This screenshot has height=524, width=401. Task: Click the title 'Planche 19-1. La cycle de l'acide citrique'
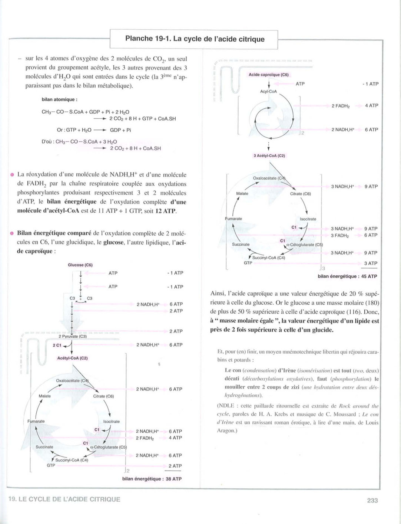point(195,39)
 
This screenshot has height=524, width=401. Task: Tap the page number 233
point(372,500)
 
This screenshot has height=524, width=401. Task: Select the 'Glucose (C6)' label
point(80,265)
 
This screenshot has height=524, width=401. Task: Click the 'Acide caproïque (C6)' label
point(268,75)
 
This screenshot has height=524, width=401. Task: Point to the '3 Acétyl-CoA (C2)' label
point(269,156)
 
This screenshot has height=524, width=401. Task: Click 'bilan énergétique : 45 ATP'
point(347,276)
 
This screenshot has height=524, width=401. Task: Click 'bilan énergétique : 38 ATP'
point(152,479)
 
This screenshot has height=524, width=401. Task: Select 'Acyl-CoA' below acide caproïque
point(268,91)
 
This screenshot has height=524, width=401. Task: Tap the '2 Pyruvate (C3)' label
point(73,336)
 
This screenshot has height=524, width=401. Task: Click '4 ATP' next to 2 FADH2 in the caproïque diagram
point(371,106)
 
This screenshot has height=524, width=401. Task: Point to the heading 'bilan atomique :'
point(60,99)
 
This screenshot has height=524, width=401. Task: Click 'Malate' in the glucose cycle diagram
point(45,396)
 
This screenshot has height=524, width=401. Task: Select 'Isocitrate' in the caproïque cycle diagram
point(308,219)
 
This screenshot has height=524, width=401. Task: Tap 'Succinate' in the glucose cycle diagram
point(44,447)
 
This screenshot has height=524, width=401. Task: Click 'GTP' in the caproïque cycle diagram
point(248,263)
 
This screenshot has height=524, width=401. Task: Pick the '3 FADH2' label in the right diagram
point(340,235)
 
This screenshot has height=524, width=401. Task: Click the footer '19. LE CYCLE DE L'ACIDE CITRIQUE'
point(64,500)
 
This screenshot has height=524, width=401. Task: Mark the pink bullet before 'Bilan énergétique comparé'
point(12,233)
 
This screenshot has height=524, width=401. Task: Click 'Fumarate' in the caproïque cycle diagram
point(233,219)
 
